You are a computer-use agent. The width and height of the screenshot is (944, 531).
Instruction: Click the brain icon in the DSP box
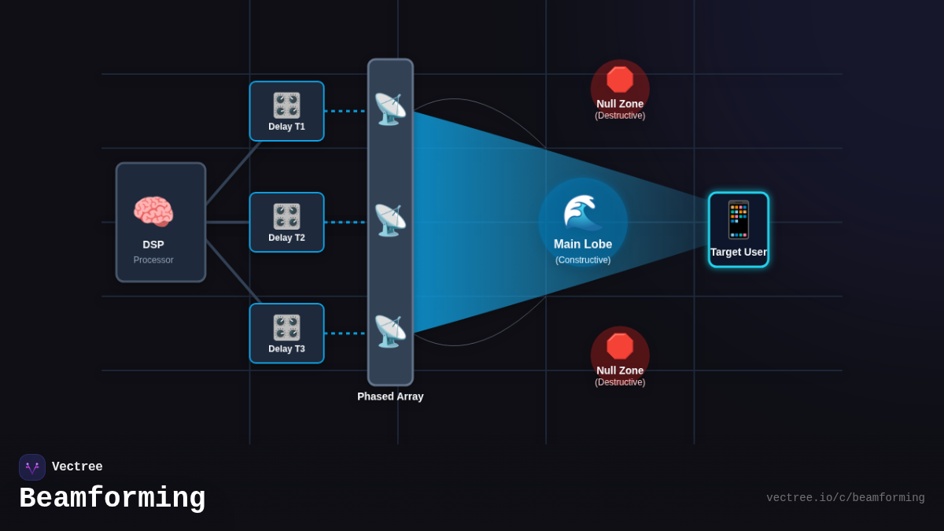coord(153,212)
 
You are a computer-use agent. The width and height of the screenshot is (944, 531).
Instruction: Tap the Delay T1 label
coord(286,127)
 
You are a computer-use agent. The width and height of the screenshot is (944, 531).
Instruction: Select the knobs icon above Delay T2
coord(286,216)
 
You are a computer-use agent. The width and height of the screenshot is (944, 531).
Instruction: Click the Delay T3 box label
coord(286,349)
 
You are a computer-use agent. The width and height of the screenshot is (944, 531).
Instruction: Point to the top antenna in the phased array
coord(389,109)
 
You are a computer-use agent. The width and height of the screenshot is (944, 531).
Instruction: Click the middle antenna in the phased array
coord(389,220)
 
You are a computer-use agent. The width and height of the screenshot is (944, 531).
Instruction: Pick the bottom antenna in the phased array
coord(389,331)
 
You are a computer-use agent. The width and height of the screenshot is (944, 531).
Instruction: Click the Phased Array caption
coord(390,396)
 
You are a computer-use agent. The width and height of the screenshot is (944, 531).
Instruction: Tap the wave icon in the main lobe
coord(582,212)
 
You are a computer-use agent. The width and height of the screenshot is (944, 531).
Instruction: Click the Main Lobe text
coord(583,245)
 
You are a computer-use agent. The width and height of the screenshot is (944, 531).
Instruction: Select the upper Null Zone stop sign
coord(620,79)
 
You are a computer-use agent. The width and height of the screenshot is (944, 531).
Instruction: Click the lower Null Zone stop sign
coord(620,346)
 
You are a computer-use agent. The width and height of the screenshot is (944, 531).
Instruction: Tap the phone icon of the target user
coord(738,219)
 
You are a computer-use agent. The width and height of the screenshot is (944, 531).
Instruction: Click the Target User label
coord(738,253)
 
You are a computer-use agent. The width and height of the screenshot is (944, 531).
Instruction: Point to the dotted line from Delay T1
coord(345,111)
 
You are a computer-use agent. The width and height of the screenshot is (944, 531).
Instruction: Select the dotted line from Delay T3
coord(345,334)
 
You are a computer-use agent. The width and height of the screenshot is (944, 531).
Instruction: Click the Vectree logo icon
coord(32,467)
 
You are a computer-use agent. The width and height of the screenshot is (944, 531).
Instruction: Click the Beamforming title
coord(112,499)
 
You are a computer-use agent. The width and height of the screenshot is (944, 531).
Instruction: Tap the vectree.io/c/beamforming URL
coord(845,498)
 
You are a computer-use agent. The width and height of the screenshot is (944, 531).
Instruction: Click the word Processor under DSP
coord(153,260)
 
